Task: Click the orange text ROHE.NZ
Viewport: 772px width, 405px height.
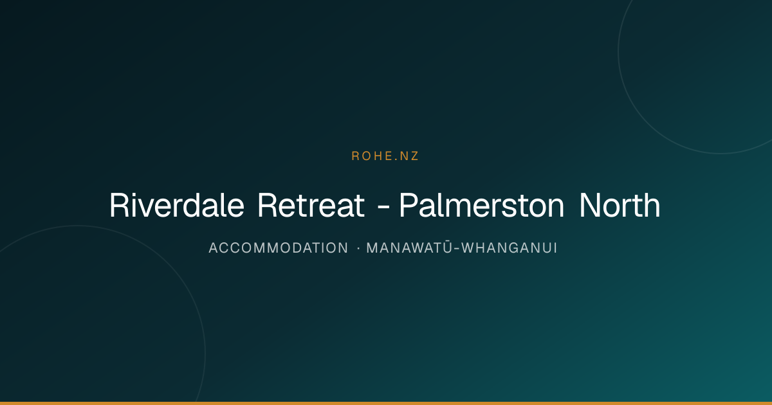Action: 385,156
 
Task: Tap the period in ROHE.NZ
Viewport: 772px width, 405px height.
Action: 395,160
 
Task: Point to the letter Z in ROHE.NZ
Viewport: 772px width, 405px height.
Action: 414,156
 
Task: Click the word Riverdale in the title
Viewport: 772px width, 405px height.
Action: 177,205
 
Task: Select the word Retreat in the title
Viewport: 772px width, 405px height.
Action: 311,205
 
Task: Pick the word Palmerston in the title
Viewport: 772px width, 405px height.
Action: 482,205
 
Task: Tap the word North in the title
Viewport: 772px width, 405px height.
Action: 620,205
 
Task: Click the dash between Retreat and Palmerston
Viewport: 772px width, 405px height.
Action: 383,208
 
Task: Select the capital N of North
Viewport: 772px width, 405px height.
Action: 590,205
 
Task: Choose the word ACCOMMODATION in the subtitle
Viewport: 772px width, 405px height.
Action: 279,248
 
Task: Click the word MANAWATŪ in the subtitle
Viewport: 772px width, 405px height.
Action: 410,248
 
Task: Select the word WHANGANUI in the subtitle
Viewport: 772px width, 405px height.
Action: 509,248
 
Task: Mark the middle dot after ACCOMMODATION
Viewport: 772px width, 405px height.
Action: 358,248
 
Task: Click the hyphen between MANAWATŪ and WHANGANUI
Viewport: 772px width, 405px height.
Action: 457,249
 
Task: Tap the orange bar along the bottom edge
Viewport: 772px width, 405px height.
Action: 386,403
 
